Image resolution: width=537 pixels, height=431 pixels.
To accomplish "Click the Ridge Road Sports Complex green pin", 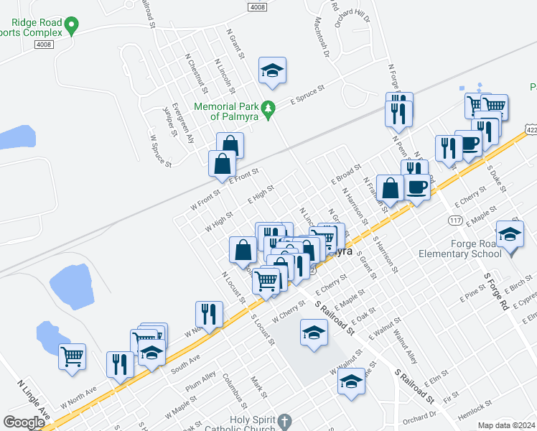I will [x=70, y=27].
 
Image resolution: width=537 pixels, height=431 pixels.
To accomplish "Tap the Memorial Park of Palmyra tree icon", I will [x=269, y=110].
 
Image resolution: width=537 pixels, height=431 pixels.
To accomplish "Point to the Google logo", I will [x=24, y=422].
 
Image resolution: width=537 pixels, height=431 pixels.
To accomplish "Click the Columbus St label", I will [x=234, y=387].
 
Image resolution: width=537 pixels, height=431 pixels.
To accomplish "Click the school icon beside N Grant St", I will [x=272, y=70].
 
